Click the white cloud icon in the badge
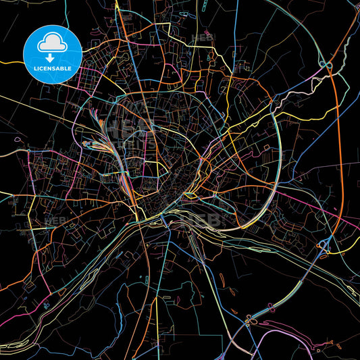pos(53,41)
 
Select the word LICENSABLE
pos(53,69)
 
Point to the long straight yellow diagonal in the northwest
pos(41,108)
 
